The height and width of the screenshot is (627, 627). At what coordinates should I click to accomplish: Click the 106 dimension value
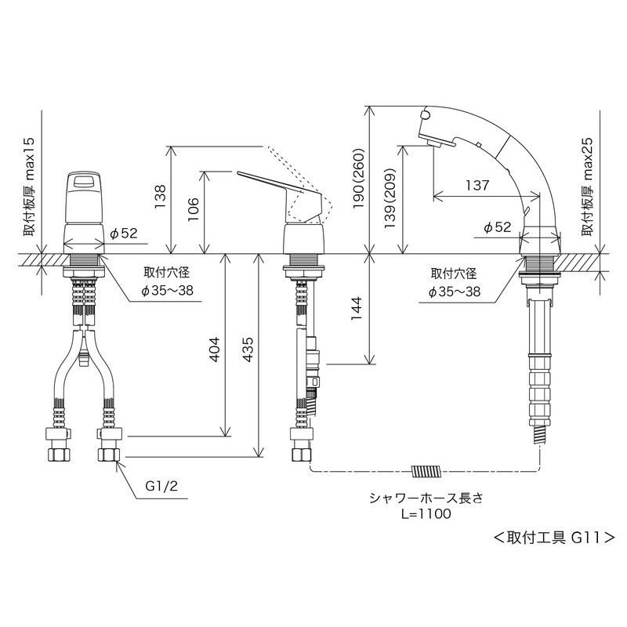click(x=193, y=210)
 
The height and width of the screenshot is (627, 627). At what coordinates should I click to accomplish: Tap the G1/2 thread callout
click(x=162, y=486)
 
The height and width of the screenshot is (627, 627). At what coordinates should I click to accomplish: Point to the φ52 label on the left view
click(x=124, y=233)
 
